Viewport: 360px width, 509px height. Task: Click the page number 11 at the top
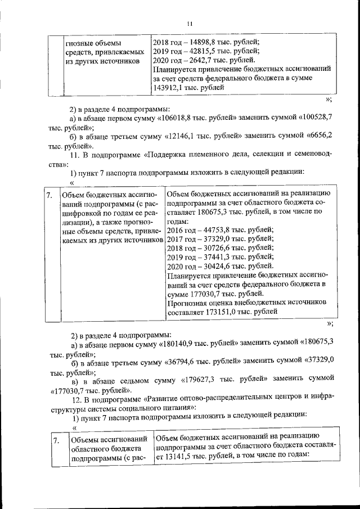190,23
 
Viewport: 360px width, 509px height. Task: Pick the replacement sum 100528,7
316,119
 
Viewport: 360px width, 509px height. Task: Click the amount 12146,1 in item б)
186,137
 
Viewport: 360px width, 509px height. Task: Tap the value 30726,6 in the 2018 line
206,247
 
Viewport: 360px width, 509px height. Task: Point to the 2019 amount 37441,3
206,256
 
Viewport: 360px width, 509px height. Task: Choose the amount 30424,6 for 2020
206,265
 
